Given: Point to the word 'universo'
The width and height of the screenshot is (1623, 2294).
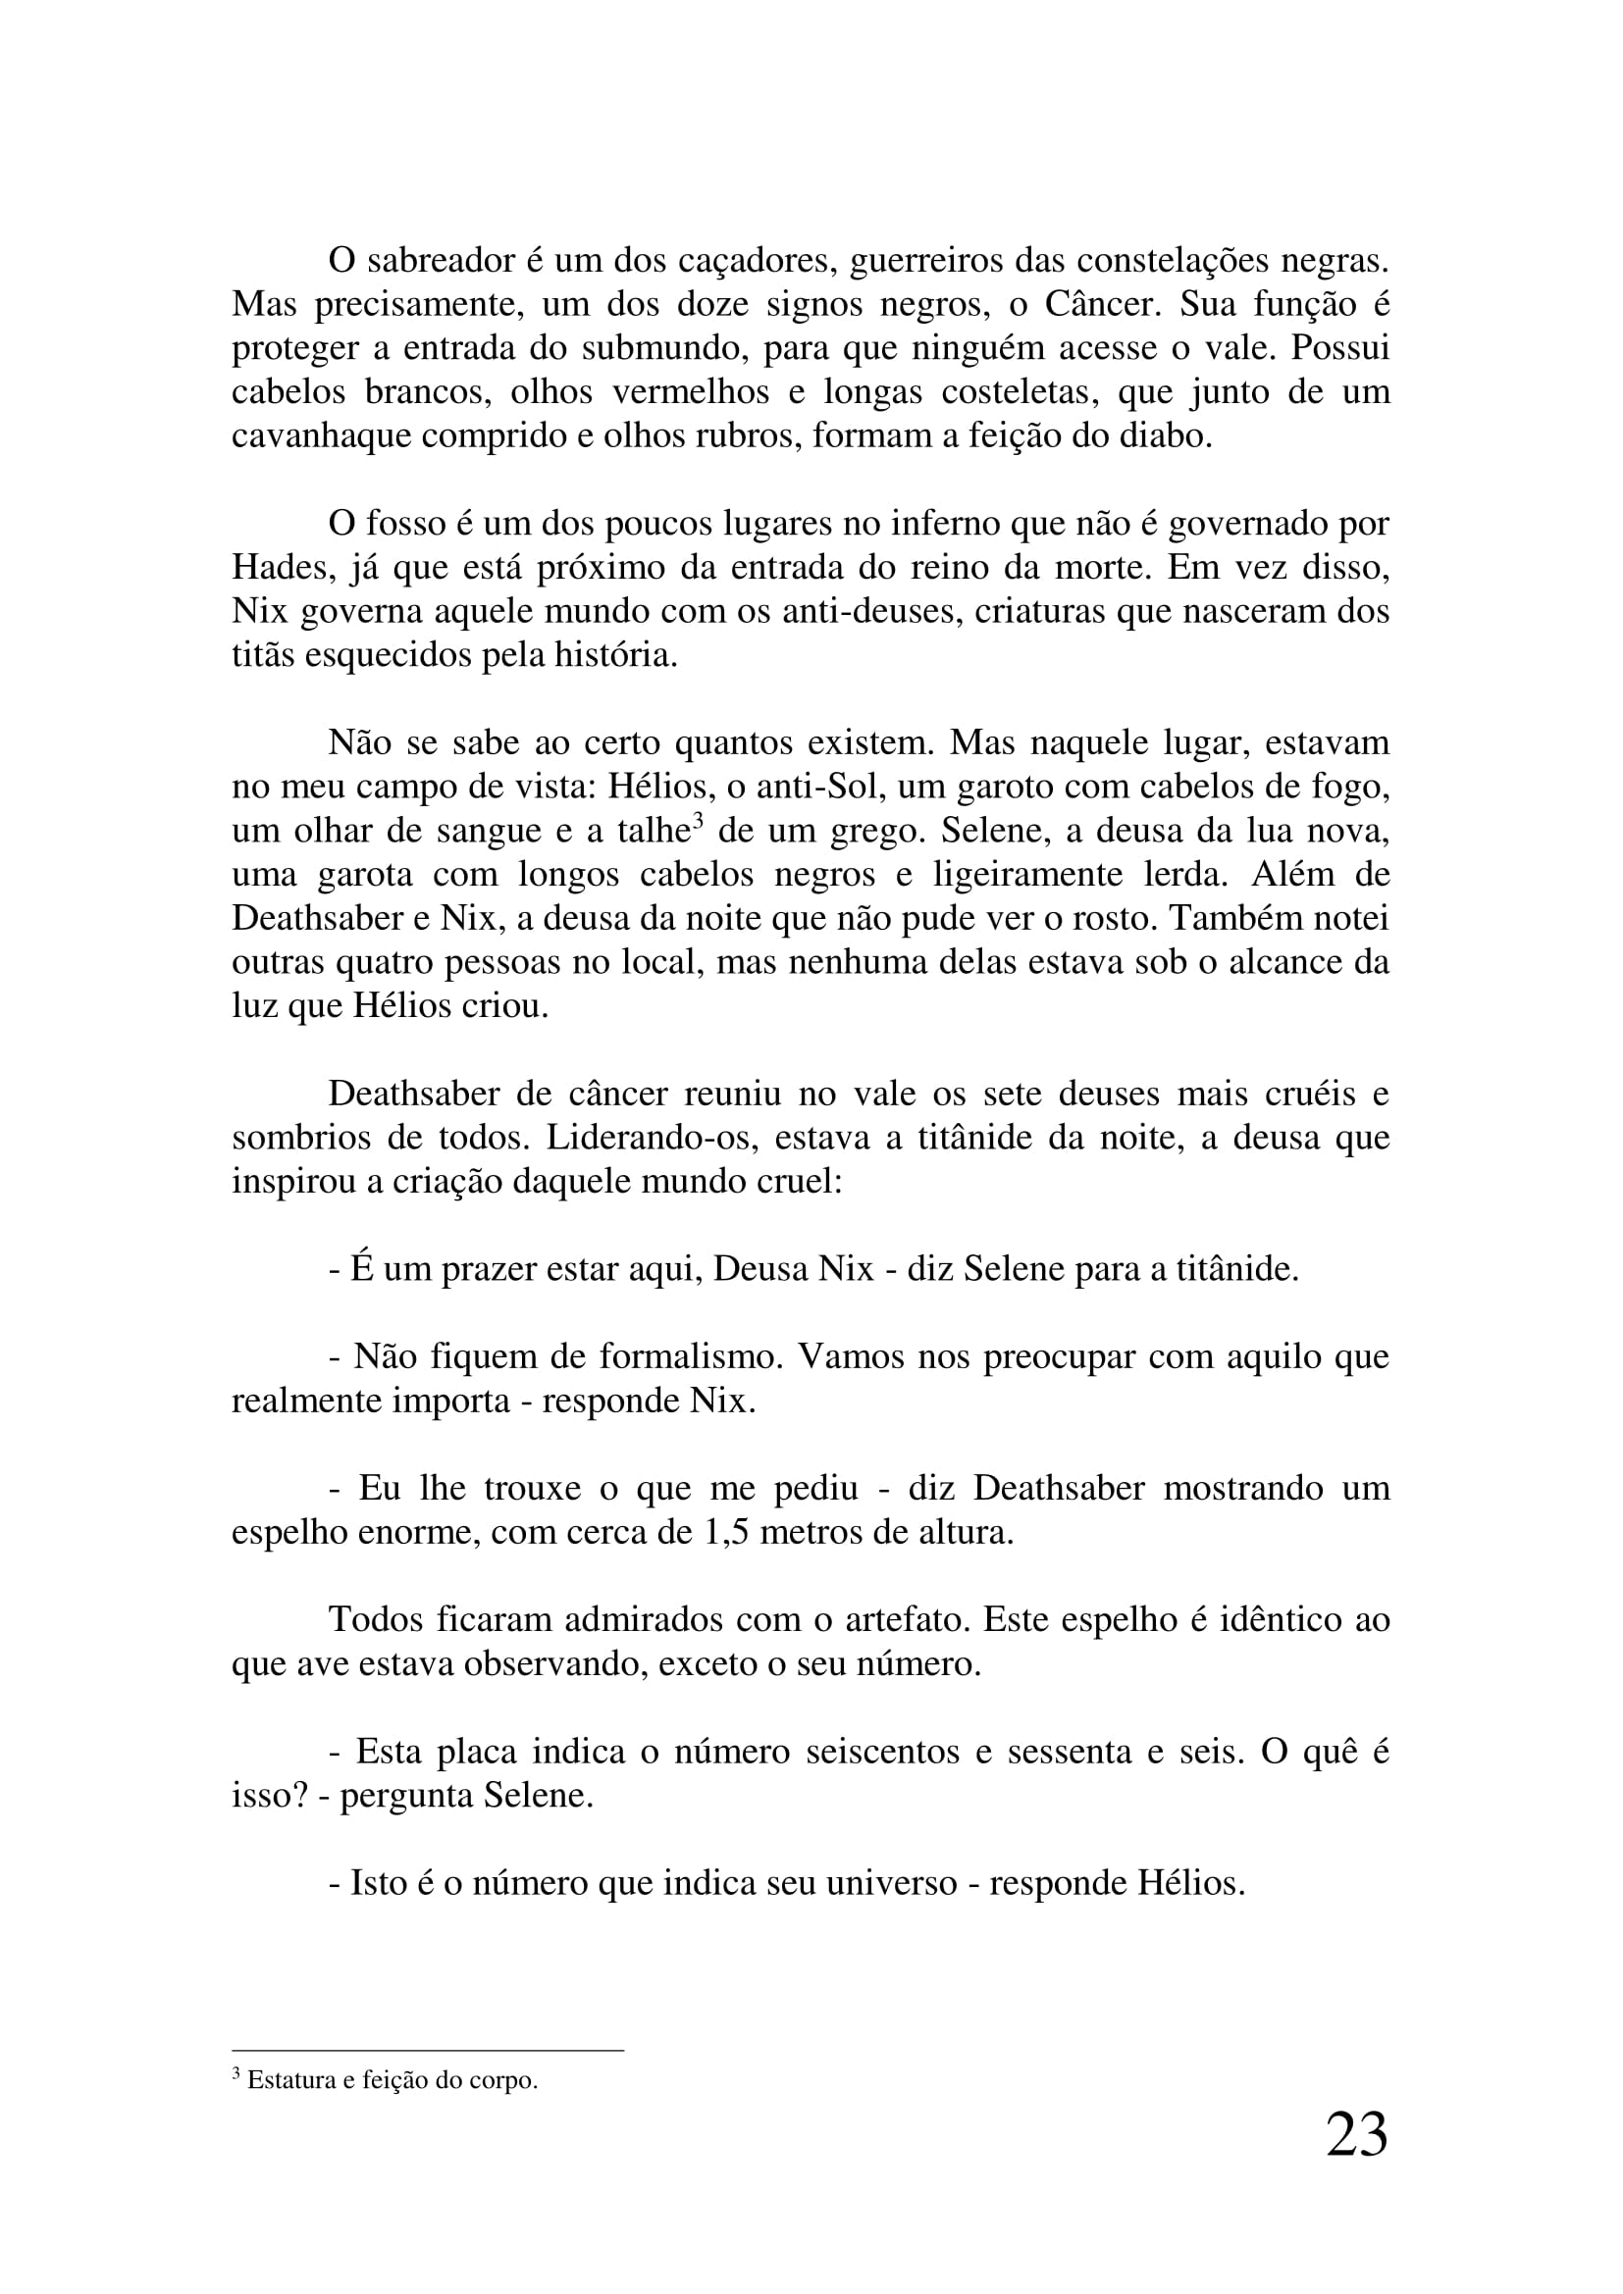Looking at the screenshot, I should (x=891, y=1883).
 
